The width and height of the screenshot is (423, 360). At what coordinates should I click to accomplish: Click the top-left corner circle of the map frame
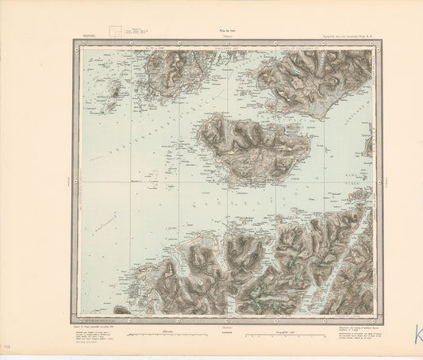point(75,44)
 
